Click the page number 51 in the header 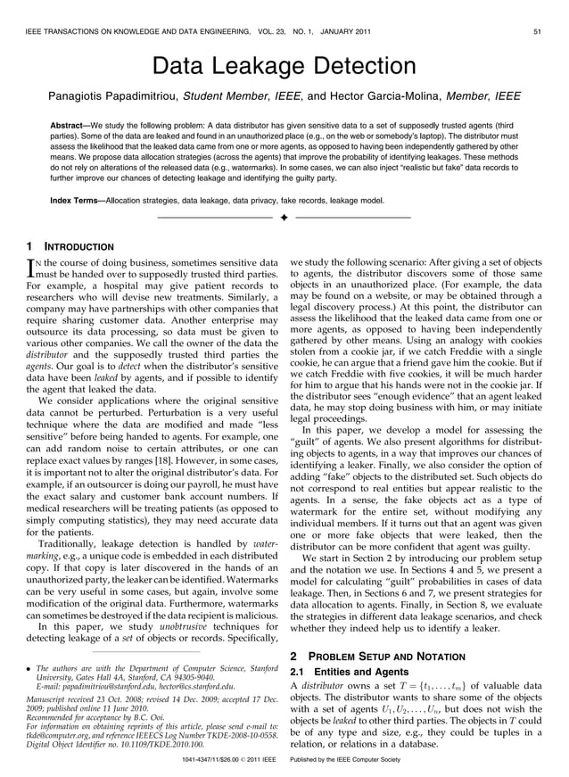pyautogui.click(x=538, y=32)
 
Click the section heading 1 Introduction pyautogui.click(x=70, y=245)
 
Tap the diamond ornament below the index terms pyautogui.click(x=284, y=218)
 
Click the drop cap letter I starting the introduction pyautogui.click(x=33, y=265)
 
